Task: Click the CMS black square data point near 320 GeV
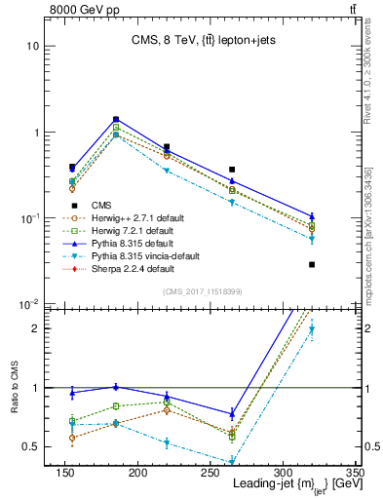(x=312, y=264)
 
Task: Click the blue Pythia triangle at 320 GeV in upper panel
(x=312, y=216)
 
